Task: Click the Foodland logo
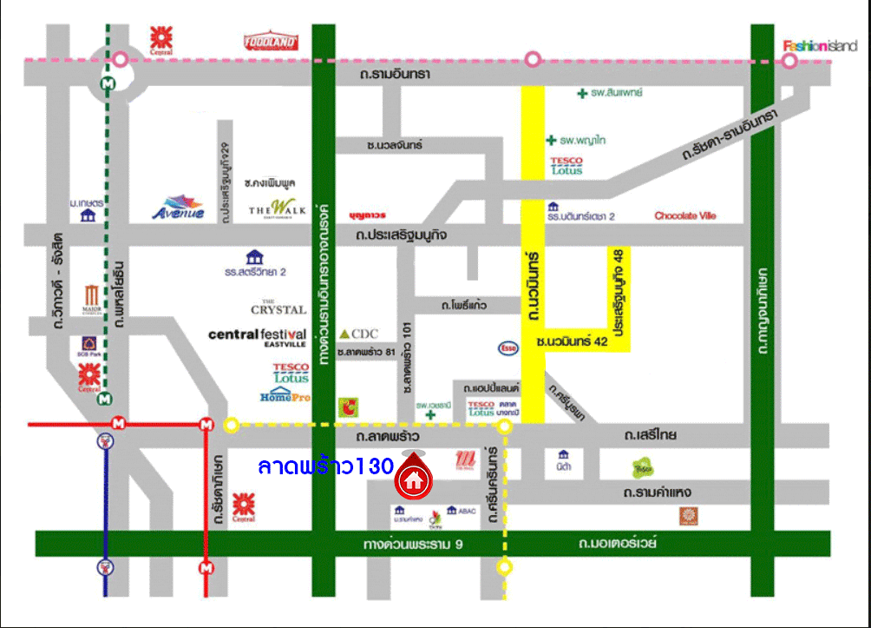[272, 41]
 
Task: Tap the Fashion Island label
[820, 46]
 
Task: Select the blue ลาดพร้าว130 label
[325, 466]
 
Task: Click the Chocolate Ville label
[685, 216]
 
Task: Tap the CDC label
[360, 334]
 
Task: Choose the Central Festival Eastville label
[257, 337]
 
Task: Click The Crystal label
[278, 307]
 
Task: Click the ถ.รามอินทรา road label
[395, 75]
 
